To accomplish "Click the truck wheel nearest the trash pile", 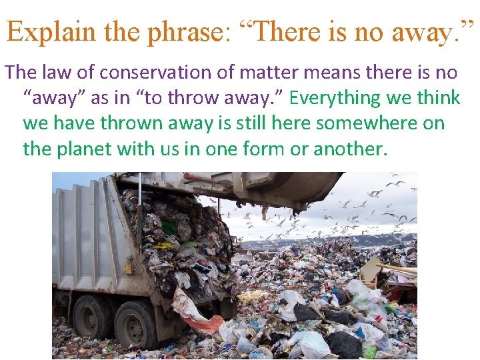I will point(137,325).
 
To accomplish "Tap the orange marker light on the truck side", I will point(127,268).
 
